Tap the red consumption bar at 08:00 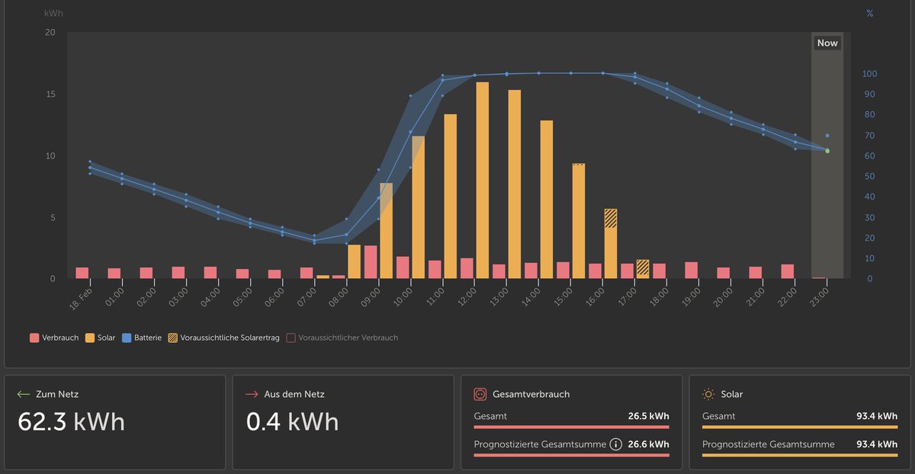click(x=371, y=262)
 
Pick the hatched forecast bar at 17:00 click(x=643, y=268)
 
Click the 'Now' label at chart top click(x=827, y=43)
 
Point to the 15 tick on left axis click(x=50, y=94)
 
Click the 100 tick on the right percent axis click(x=869, y=74)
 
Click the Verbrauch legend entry click(x=55, y=338)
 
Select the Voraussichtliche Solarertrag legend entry click(x=226, y=338)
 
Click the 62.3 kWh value click(x=71, y=421)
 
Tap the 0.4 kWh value click(x=292, y=421)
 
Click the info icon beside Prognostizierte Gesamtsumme click(x=615, y=444)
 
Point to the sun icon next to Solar click(x=708, y=394)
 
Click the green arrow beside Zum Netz click(x=24, y=394)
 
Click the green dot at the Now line click(x=827, y=151)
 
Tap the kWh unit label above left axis click(x=53, y=14)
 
